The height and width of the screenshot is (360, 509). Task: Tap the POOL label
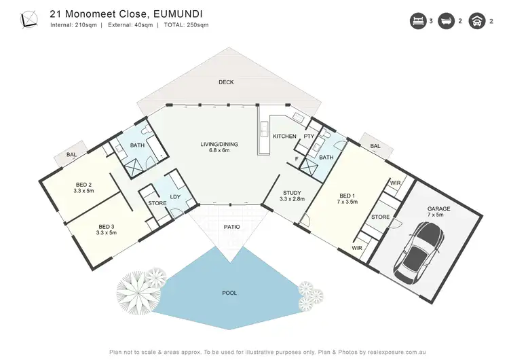click(230, 293)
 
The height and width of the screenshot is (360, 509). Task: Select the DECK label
click(226, 82)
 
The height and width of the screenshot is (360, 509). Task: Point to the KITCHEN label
click(284, 137)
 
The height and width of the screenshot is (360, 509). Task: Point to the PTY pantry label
click(308, 137)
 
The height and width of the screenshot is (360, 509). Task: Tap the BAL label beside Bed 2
click(71, 155)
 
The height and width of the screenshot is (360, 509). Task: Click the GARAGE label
click(434, 210)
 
